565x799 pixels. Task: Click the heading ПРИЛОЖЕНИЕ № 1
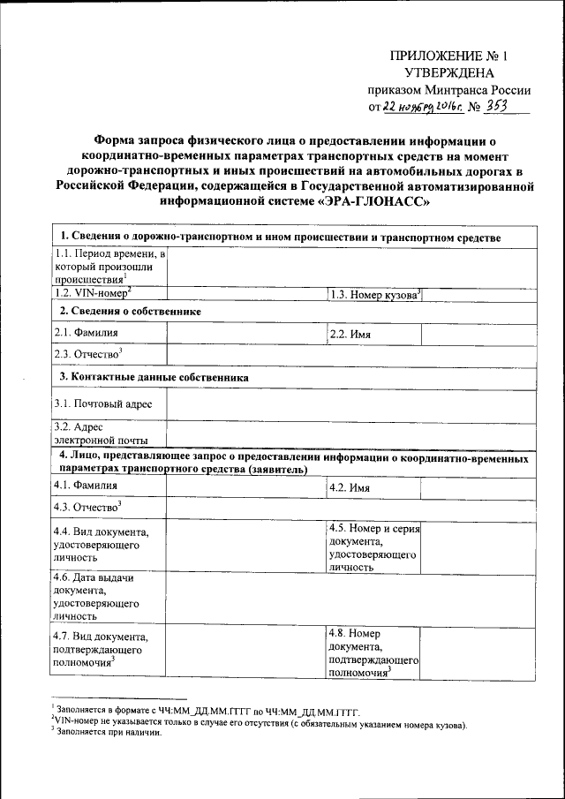click(x=450, y=56)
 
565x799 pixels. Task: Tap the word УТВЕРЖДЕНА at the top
click(x=449, y=73)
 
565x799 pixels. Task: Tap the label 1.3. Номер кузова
click(x=374, y=294)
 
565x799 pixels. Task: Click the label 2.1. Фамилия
click(x=86, y=333)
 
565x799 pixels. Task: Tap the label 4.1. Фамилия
click(x=86, y=486)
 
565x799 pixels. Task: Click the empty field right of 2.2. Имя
click(x=478, y=334)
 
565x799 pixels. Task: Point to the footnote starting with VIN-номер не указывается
click(x=260, y=726)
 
